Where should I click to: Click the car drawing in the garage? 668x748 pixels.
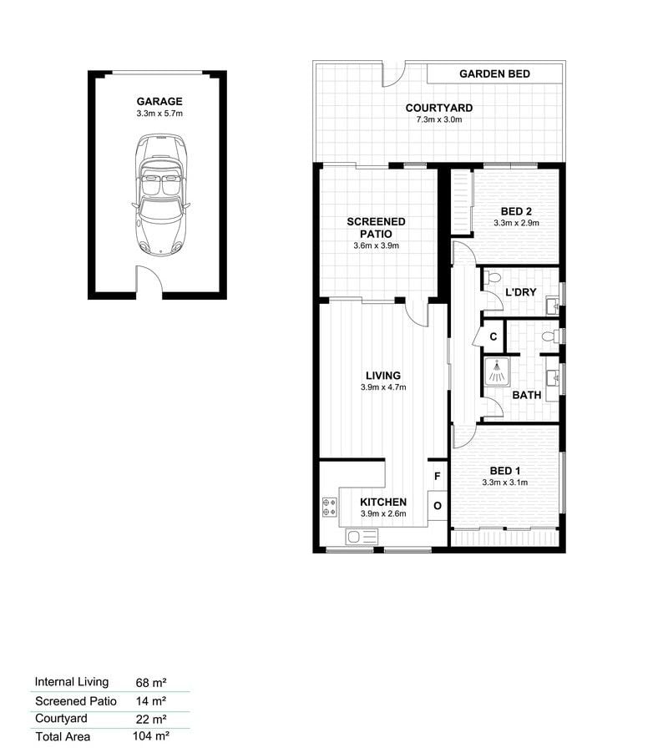point(161,194)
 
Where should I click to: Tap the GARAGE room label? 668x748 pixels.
point(159,102)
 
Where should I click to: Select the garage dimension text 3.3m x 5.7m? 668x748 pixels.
point(159,114)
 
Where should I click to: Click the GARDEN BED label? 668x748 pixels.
point(495,74)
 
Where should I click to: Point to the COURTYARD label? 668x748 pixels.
point(439,109)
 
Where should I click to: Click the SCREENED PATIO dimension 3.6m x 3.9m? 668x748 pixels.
point(376,245)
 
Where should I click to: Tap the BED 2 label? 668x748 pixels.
point(516,211)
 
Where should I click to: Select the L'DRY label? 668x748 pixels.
point(520,292)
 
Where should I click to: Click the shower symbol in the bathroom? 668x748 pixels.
point(496,371)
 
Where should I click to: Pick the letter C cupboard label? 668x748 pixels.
point(493,336)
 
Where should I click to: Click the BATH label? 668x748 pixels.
point(527,395)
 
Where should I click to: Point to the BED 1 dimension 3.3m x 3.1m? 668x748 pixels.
point(505,483)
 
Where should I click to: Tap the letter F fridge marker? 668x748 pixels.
point(437,476)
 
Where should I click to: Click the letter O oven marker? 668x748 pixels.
point(438,506)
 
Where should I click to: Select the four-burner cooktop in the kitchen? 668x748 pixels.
point(330,507)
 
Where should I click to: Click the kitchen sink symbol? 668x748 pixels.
point(362,537)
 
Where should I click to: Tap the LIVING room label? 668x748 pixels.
point(383,376)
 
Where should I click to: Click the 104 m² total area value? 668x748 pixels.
point(151,736)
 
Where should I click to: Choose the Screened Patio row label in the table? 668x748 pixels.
point(76,701)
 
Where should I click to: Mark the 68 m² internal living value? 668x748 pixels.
point(151,683)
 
